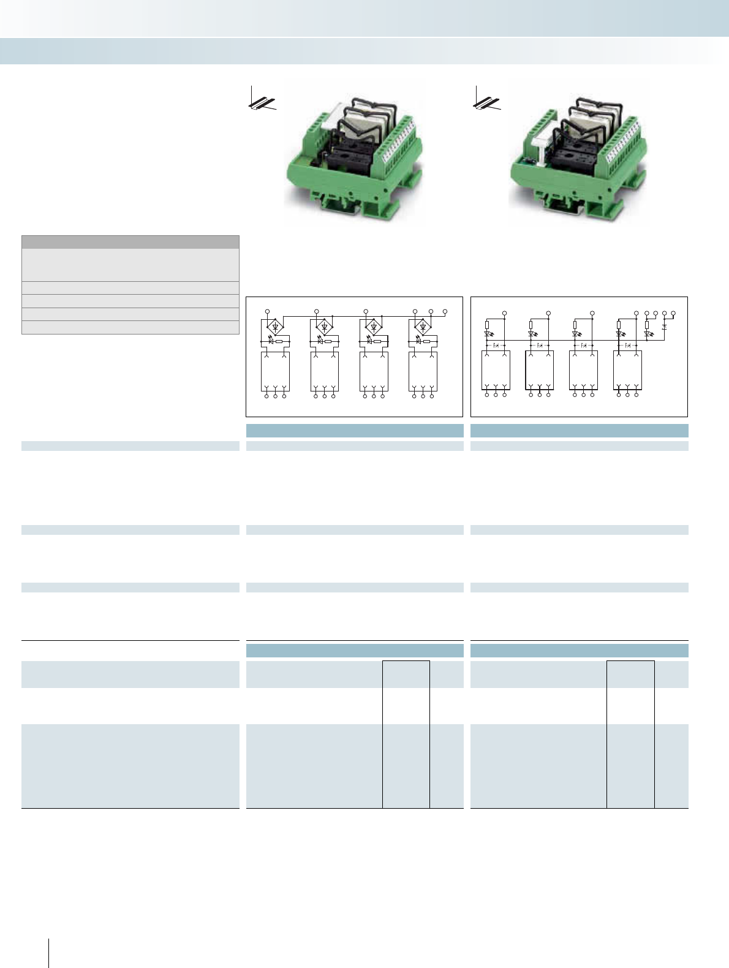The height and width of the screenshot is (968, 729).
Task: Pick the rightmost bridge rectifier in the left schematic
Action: click(423, 325)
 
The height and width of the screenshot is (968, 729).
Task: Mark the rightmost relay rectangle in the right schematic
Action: click(627, 369)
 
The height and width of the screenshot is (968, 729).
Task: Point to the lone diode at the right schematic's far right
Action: click(665, 327)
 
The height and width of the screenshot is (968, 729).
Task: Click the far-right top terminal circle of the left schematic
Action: click(445, 312)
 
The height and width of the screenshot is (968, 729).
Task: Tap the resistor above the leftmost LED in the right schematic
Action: click(487, 325)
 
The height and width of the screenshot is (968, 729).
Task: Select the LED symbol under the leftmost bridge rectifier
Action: click(271, 341)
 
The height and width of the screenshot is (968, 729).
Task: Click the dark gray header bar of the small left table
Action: click(130, 242)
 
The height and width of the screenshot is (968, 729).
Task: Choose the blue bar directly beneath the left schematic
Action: click(355, 430)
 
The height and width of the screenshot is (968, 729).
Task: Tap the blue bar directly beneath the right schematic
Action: click(579, 430)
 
